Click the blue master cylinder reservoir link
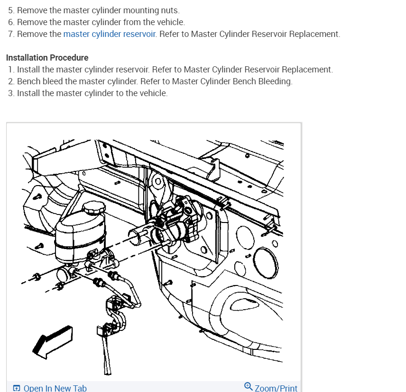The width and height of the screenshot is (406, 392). (x=110, y=34)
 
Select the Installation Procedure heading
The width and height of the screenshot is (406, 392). (x=47, y=58)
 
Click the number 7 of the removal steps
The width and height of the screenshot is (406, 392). (x=10, y=34)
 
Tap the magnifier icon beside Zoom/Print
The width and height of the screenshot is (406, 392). (x=249, y=386)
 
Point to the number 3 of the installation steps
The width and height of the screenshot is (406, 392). (x=10, y=93)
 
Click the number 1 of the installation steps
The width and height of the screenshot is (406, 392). (x=10, y=70)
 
